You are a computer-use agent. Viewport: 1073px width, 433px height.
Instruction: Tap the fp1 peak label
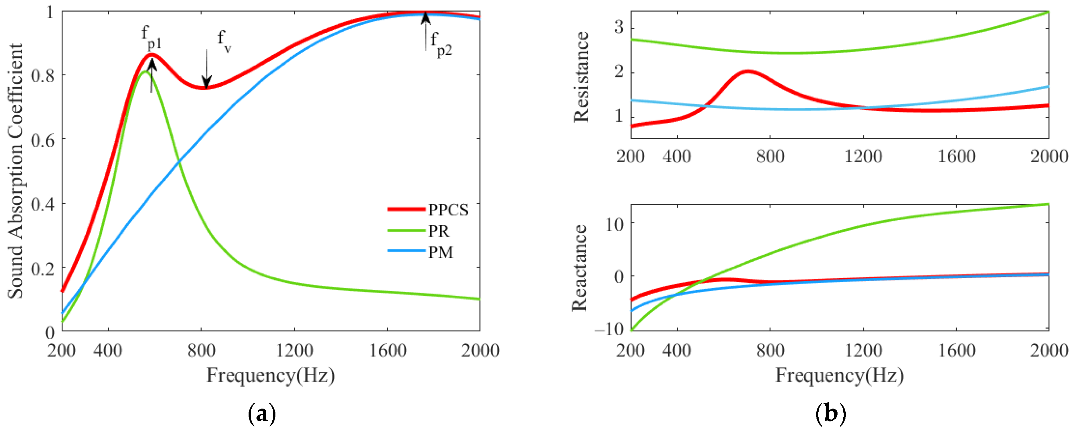pos(151,38)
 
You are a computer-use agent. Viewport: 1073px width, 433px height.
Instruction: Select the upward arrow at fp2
pos(425,31)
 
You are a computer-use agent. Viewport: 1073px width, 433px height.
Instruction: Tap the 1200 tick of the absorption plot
pos(295,350)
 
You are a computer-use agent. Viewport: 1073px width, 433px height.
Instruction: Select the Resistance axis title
pos(581,77)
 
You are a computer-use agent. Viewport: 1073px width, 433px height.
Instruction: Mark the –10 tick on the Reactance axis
pos(608,329)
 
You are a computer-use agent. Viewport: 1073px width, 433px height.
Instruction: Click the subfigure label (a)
pos(262,414)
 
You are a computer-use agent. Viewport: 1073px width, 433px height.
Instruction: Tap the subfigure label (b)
pos(830,414)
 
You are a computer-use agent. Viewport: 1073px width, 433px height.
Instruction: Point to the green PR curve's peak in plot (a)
pos(145,72)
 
